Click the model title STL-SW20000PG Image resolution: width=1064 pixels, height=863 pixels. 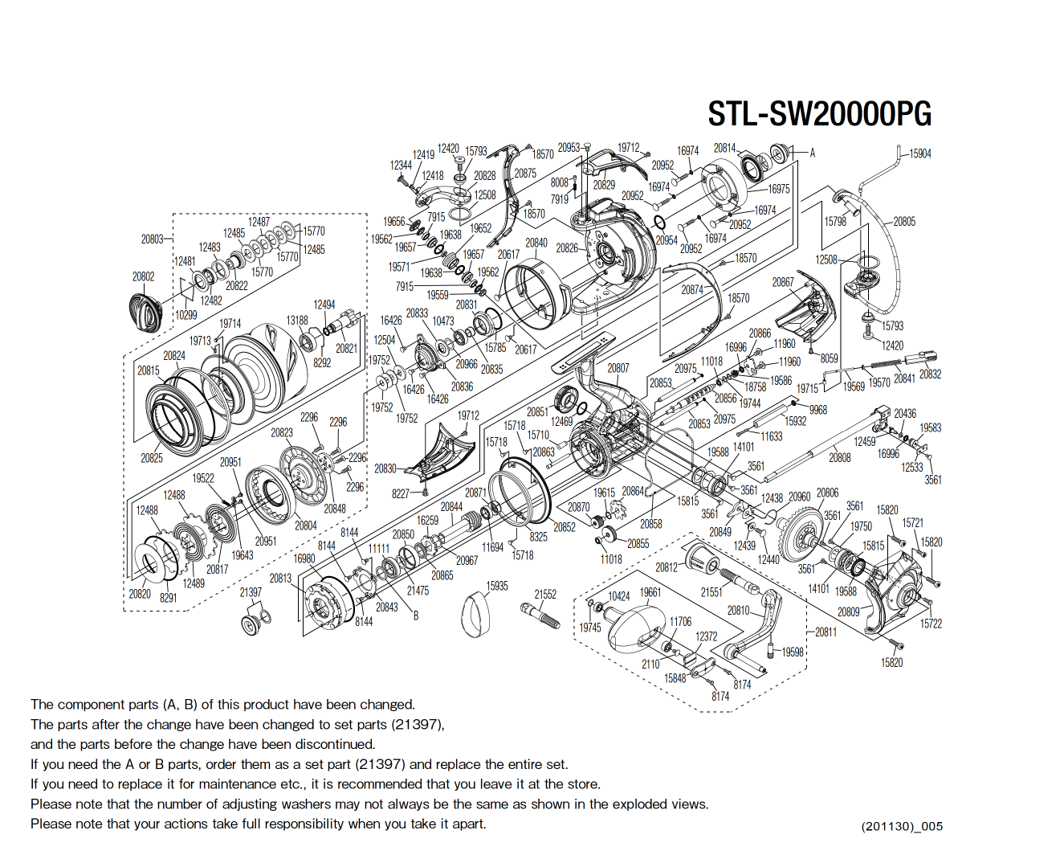(819, 114)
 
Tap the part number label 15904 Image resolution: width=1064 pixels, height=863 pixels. (919, 153)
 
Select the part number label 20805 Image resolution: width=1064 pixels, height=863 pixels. (904, 221)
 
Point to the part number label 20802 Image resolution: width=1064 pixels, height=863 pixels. (143, 276)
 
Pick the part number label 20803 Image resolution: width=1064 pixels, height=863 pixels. (152, 239)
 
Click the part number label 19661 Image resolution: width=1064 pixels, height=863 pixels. (650, 592)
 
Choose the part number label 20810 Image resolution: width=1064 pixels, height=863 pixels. (738, 611)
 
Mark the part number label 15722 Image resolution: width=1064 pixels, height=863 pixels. (931, 624)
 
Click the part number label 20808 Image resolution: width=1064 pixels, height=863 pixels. (839, 457)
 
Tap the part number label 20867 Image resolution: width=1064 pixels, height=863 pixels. (783, 282)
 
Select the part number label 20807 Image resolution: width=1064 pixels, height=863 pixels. (618, 368)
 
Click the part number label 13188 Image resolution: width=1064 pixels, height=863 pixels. (297, 320)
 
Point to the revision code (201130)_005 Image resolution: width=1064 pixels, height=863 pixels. (902, 826)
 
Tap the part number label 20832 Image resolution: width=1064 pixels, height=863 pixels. (930, 374)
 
